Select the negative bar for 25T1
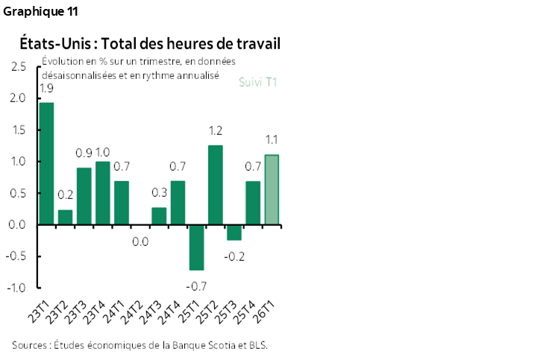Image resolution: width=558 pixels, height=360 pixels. coord(197,247)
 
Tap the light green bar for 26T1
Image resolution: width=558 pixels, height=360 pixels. coord(272,189)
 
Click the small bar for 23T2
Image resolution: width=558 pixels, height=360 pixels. coord(65,217)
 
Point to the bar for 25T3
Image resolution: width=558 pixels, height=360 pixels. coord(234,232)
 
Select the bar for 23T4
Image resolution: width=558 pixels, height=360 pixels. coord(103,192)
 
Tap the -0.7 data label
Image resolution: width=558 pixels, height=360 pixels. coord(197,285)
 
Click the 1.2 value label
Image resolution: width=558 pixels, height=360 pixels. coord(216,131)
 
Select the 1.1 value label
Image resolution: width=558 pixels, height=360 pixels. coord(272,139)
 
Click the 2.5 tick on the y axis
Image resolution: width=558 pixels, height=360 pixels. coord(19,67)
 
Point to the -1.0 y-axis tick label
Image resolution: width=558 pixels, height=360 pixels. coord(18,288)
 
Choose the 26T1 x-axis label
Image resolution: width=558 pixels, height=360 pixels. coord(269,309)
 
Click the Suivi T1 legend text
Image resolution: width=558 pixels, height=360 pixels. coord(257,82)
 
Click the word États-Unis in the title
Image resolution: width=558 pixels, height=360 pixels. coord(53,44)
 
